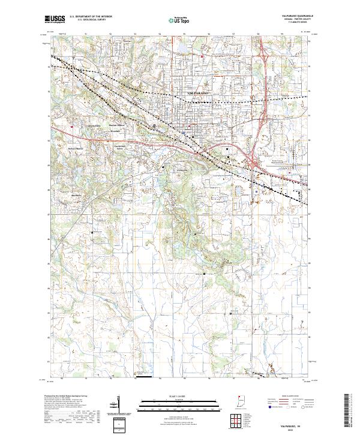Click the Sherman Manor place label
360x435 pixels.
[x=116, y=125]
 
